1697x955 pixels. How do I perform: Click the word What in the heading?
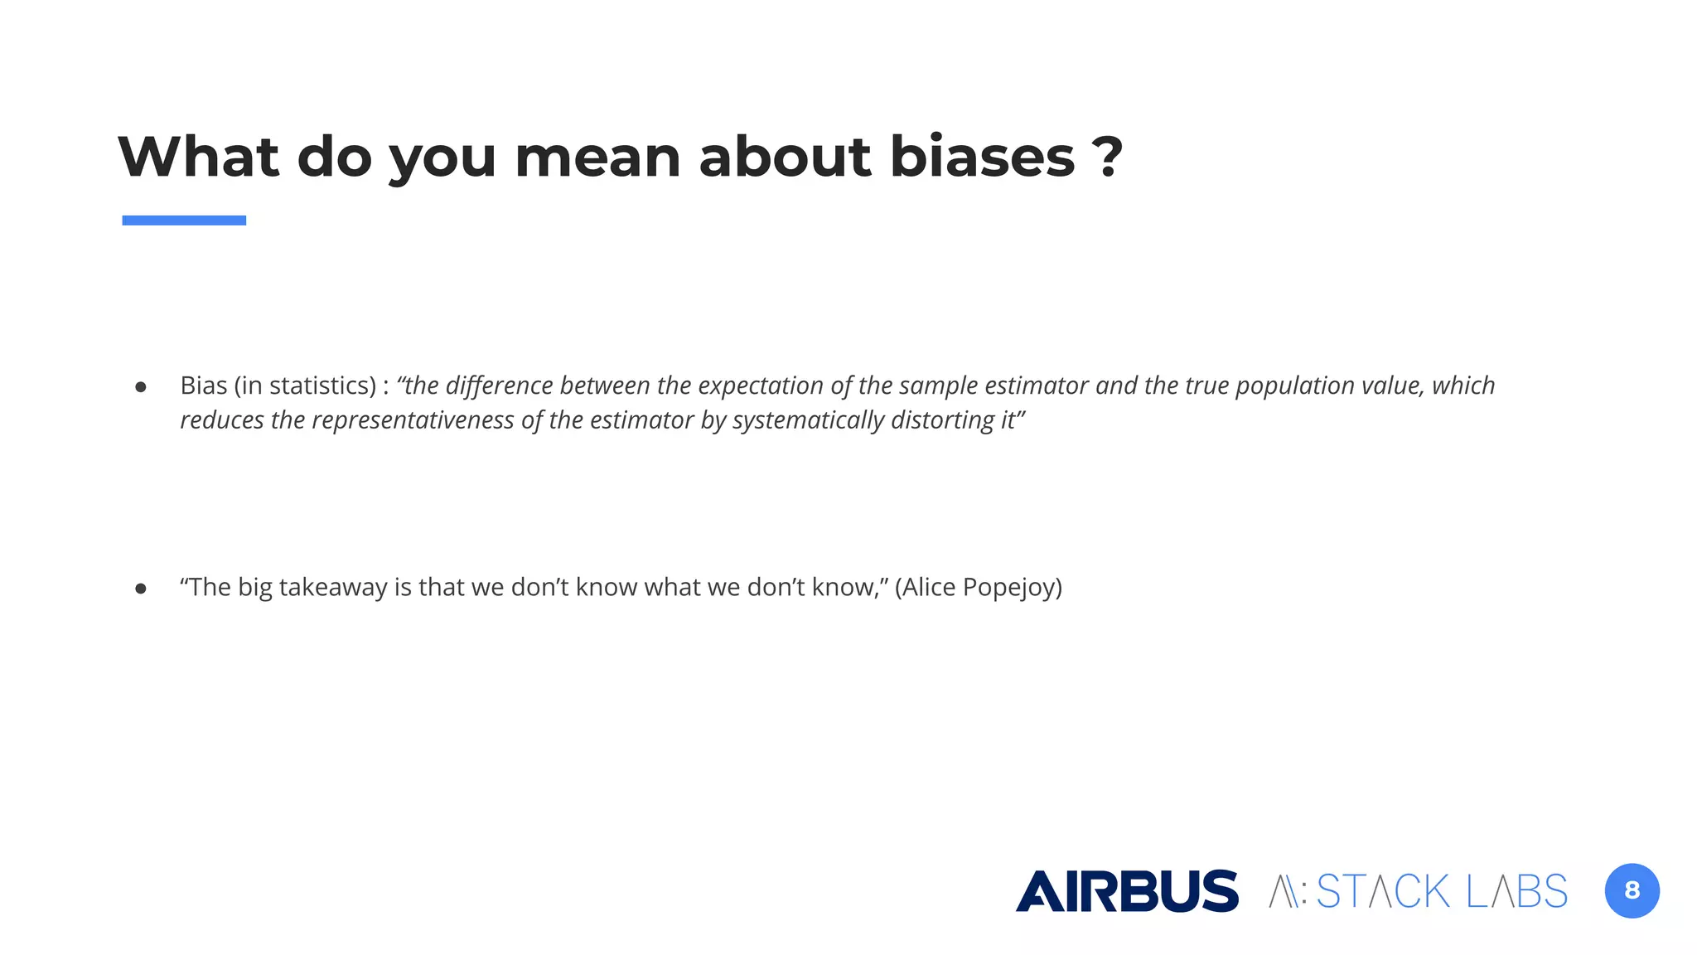coord(199,157)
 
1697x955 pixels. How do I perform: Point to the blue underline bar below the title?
coord(184,221)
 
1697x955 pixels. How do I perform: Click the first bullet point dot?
coord(141,387)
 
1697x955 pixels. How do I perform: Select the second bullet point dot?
coord(141,589)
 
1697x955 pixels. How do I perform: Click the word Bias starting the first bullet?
coord(203,385)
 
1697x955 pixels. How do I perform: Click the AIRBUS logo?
coord(1127,891)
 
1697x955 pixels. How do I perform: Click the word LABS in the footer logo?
coord(1516,892)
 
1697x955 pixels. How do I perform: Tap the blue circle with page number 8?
coord(1632,891)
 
